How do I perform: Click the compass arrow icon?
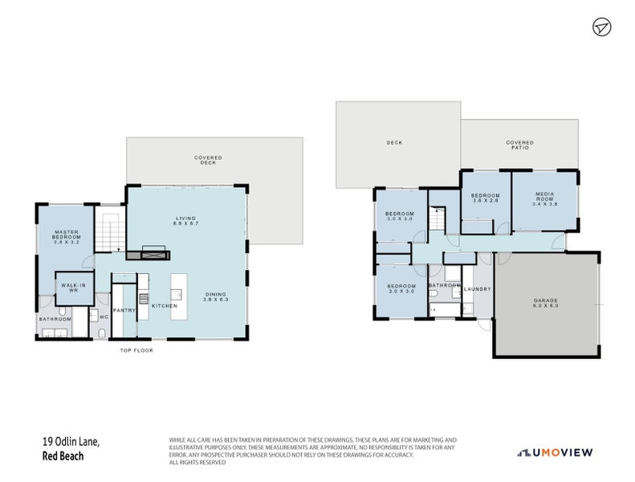tap(601, 27)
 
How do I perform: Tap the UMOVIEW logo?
tap(556, 452)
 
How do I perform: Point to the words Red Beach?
tap(63, 455)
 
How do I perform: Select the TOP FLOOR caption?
tap(136, 350)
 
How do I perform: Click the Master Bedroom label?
tap(67, 236)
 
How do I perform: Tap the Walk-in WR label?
tap(75, 287)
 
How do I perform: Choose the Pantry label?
tap(124, 310)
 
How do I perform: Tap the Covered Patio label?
tap(519, 145)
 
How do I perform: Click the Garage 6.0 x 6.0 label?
tap(546, 303)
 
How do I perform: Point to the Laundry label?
tap(478, 288)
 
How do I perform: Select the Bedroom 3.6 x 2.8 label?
tap(485, 198)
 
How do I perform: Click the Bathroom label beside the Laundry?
tap(443, 285)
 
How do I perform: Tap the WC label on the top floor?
tap(104, 317)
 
